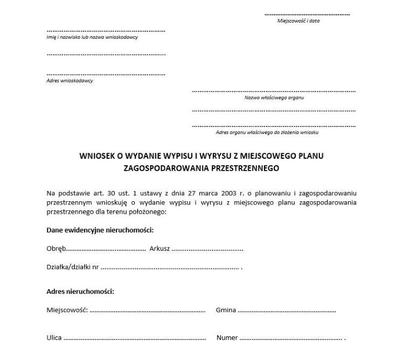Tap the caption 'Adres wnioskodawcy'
pyautogui.click(x=69, y=81)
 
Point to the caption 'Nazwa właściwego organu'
pyautogui.click(x=274, y=98)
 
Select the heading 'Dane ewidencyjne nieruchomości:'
pyautogui.click(x=100, y=230)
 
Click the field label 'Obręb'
pyautogui.click(x=56, y=249)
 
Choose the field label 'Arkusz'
pyautogui.click(x=160, y=249)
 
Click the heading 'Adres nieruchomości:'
pyautogui.click(x=80, y=292)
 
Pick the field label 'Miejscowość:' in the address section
pyautogui.click(x=67, y=310)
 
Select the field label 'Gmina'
pyautogui.click(x=226, y=310)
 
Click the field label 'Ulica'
pyautogui.click(x=54, y=338)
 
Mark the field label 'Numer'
pyautogui.click(x=227, y=338)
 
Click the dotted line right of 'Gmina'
pyautogui.click(x=287, y=311)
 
